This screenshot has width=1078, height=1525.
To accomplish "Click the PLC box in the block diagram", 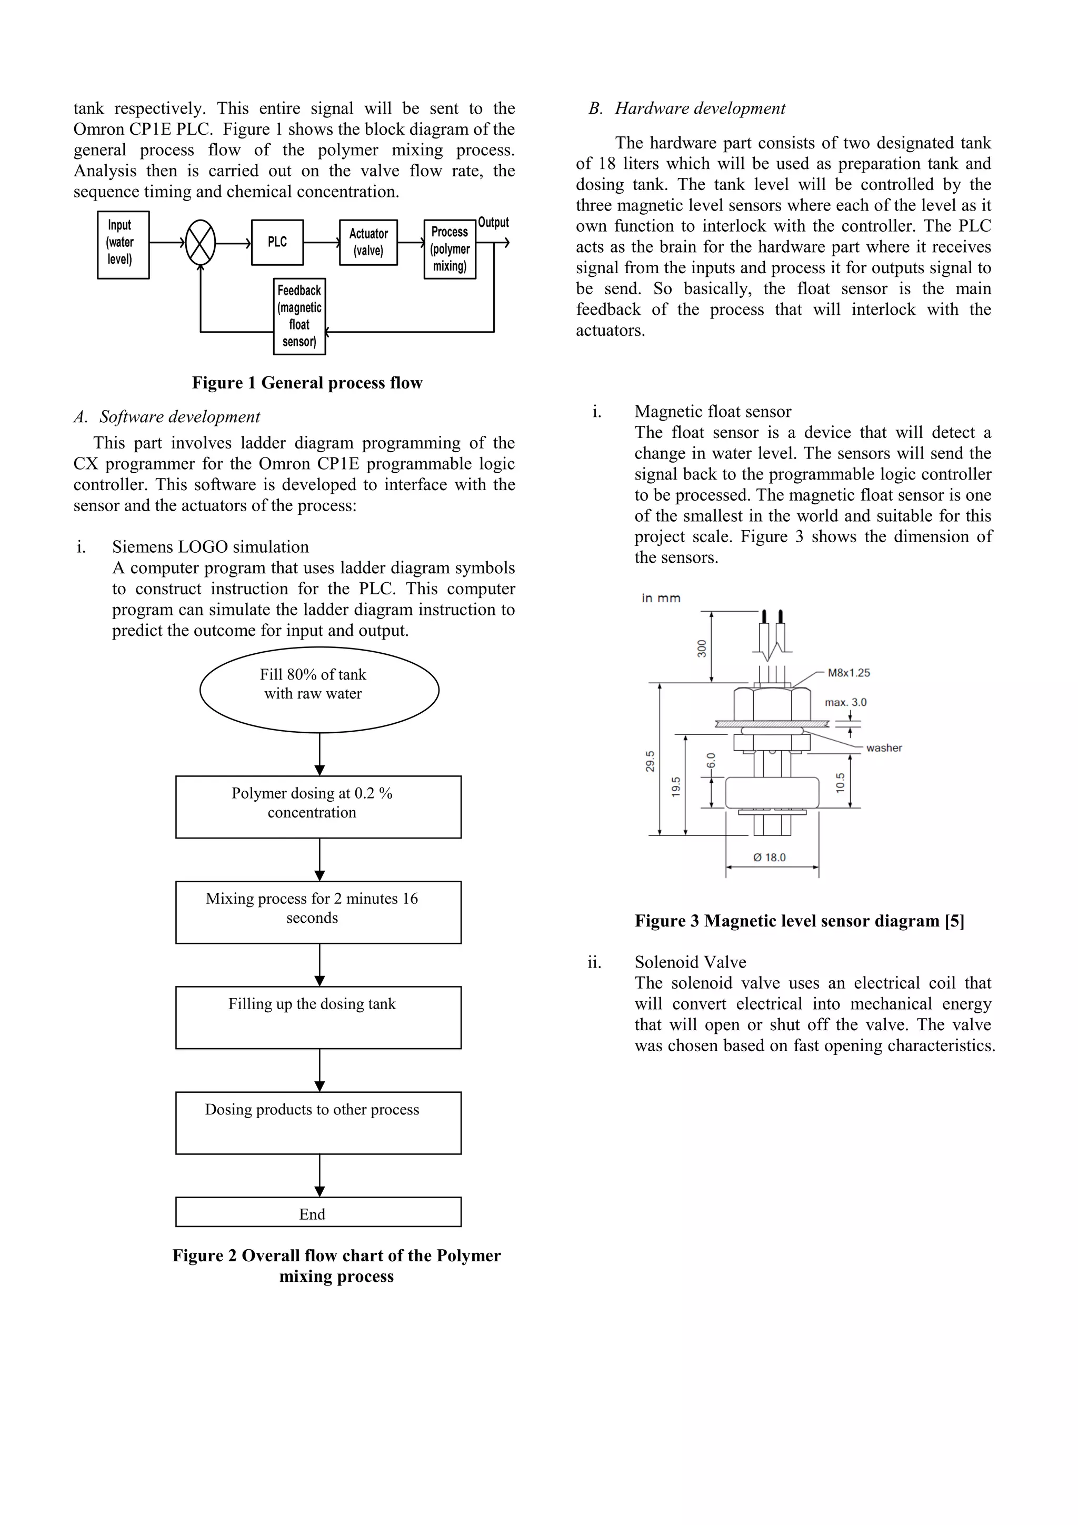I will [x=277, y=243].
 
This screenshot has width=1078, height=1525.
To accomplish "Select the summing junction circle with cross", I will [x=200, y=243].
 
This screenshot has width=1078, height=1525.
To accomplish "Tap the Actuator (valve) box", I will [x=368, y=243].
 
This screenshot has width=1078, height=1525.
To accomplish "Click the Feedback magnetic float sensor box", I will [x=299, y=316].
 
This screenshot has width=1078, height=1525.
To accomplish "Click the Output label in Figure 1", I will [x=494, y=223].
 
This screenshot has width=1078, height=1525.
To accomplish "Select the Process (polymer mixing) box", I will [x=450, y=249].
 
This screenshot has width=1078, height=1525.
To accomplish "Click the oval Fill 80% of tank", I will [x=319, y=690].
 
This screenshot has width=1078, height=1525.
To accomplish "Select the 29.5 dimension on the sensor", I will [x=650, y=761].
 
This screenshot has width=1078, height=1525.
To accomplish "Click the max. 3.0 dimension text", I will [x=845, y=702].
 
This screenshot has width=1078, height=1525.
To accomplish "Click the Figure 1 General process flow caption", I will [x=307, y=383].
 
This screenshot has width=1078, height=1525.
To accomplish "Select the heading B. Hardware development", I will [x=687, y=108].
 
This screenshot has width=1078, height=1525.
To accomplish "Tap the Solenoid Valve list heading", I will [x=690, y=962].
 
